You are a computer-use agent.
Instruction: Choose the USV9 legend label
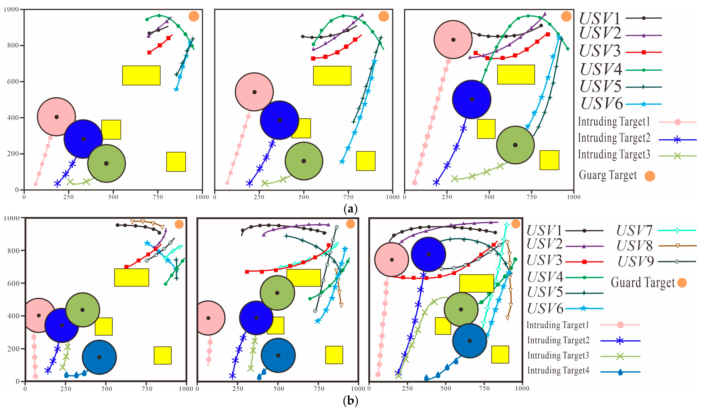[636, 262]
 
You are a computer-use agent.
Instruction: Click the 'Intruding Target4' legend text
[558, 370]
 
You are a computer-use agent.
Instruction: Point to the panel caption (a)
[351, 209]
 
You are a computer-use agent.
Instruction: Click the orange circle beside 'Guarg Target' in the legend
[650, 176]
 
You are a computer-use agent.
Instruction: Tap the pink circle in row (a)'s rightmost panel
[453, 40]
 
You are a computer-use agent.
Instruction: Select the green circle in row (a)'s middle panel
[304, 161]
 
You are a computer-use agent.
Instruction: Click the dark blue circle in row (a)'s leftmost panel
[83, 139]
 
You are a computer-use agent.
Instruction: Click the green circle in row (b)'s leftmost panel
[83, 310]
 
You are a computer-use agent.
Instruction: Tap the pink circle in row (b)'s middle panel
[209, 318]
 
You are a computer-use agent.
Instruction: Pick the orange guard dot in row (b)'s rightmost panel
[516, 224]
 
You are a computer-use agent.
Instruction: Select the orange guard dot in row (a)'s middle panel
[384, 16]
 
